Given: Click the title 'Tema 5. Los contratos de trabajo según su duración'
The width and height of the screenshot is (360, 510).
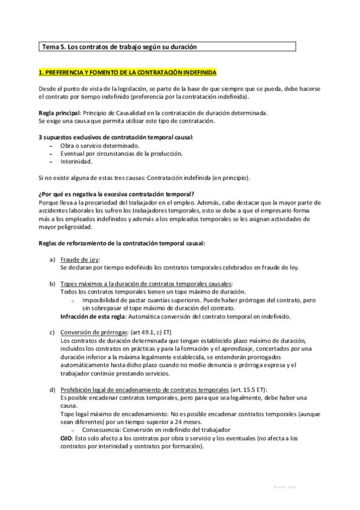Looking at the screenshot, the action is click(119, 46).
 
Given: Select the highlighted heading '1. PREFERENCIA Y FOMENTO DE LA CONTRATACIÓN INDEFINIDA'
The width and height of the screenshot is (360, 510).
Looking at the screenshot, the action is click(127, 72).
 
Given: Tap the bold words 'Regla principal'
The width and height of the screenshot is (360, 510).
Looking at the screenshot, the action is click(58, 112).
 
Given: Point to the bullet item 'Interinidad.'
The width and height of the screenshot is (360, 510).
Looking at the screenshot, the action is click(76, 161).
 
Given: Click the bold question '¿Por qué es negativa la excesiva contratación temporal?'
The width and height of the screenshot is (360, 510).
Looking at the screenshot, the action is click(115, 194).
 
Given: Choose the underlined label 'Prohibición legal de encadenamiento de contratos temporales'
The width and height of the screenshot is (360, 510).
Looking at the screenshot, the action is click(145, 373).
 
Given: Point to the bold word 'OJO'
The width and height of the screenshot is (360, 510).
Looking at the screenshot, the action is click(67, 438).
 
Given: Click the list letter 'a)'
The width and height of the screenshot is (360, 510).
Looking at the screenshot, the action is click(52, 259).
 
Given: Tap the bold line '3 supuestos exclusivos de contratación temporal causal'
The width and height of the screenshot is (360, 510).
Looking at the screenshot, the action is click(115, 137).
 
